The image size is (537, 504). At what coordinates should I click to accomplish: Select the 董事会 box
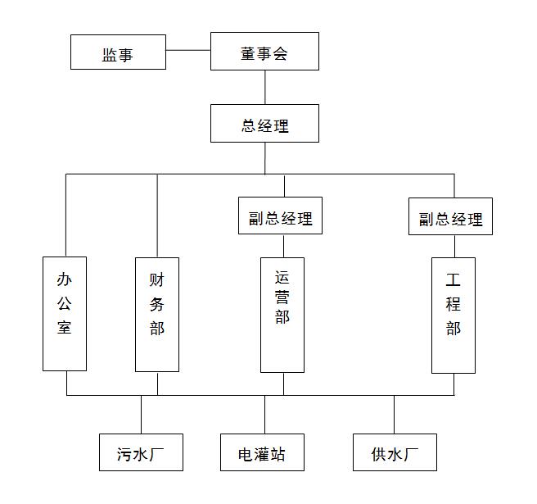(x=264, y=52)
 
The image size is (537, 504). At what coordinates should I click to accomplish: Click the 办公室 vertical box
(x=65, y=314)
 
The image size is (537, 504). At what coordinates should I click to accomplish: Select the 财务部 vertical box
(x=156, y=315)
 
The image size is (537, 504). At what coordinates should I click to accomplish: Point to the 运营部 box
(x=282, y=315)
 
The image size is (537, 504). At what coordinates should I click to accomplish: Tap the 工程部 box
(x=454, y=315)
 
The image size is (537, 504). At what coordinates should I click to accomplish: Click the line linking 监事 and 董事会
(x=188, y=51)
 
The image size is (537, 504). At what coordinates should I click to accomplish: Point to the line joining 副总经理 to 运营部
(x=283, y=246)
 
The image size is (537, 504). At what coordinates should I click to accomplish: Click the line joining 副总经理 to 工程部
(x=454, y=246)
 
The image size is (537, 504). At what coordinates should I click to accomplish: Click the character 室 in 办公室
(x=65, y=328)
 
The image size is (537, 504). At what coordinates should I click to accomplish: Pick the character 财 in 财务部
(x=156, y=279)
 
